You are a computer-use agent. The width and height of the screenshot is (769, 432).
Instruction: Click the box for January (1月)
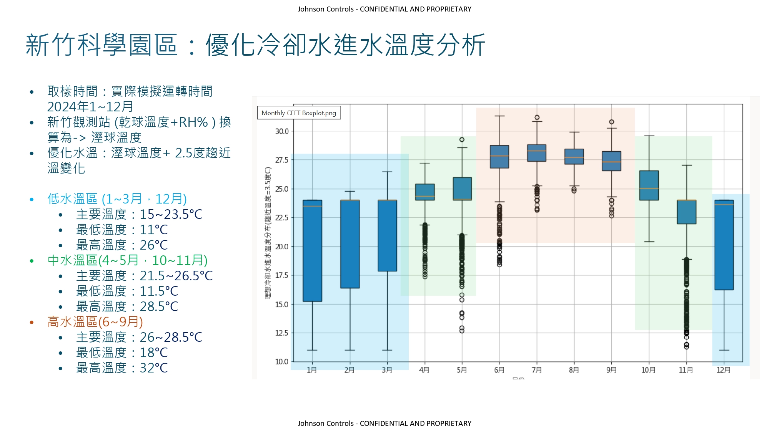(312, 250)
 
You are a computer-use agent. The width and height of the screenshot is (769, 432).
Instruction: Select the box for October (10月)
(649, 185)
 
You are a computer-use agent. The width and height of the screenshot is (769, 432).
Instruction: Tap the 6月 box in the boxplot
(499, 157)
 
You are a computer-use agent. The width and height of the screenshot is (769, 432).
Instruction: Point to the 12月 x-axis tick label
(723, 370)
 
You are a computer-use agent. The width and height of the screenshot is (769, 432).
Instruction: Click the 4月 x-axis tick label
(424, 370)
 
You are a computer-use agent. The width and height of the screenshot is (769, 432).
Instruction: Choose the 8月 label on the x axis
(574, 370)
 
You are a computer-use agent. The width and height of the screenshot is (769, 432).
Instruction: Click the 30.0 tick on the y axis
(281, 131)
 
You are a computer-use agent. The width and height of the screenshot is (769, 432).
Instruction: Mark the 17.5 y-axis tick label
(281, 275)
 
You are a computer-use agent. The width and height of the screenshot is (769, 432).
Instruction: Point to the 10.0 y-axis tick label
(281, 361)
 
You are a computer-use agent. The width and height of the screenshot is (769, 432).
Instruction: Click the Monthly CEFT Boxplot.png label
(299, 113)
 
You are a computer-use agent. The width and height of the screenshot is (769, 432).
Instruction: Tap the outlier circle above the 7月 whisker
(537, 118)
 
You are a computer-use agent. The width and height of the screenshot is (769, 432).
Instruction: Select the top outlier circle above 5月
(462, 139)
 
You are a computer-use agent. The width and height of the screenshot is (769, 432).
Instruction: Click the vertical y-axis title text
(268, 233)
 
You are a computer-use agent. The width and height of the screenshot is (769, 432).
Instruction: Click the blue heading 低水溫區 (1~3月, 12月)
(117, 199)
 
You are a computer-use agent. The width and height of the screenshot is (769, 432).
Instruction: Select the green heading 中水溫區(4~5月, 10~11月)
(127, 260)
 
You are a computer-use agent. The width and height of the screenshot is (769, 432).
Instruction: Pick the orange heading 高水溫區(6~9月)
(95, 322)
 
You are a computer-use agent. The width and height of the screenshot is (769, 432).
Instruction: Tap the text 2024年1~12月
(90, 107)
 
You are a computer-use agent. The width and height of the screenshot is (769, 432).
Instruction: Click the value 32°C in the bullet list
(154, 368)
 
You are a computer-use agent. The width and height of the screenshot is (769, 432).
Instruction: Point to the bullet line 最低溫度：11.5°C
(127, 291)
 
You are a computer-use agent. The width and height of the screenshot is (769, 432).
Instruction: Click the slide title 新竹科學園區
(102, 45)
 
